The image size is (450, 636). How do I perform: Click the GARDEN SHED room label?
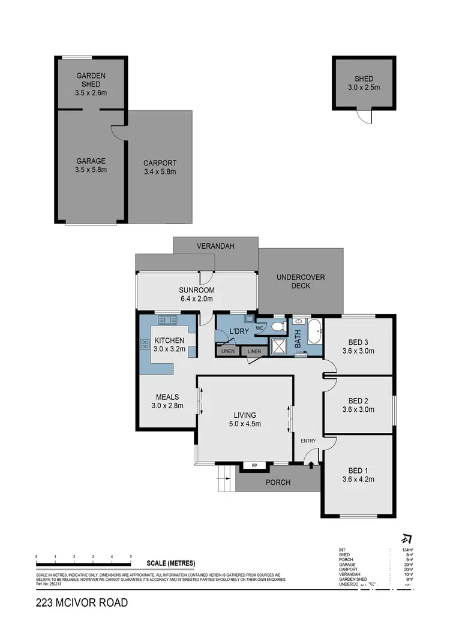coord(91,84)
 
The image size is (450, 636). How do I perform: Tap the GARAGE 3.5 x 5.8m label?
coord(91,165)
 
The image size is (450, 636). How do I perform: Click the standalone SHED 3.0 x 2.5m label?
coord(364,83)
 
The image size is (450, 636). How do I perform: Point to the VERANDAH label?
coord(214,246)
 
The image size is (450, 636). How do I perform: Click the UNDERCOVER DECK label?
coord(301,281)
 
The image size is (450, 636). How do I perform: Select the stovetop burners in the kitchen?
coord(145,345)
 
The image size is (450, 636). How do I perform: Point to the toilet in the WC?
coord(278,327)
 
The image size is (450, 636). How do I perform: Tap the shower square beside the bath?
coord(278,346)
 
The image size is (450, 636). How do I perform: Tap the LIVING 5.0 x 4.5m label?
coord(245,419)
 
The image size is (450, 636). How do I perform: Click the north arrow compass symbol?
coord(406,539)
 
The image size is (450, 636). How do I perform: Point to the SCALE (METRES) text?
coord(170,563)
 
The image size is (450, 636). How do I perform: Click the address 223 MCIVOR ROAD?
coord(82,602)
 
